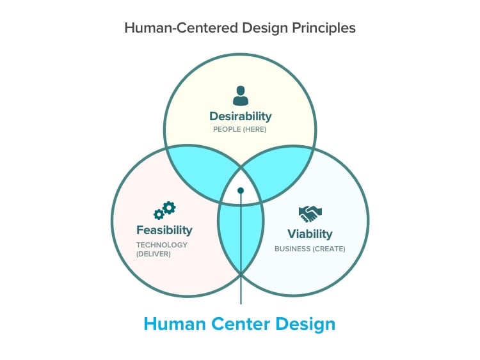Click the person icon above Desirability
pyautogui.click(x=240, y=96)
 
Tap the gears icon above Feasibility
pyautogui.click(x=164, y=210)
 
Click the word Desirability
pyautogui.click(x=240, y=116)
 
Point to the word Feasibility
pyautogui.click(x=164, y=230)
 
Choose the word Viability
pyautogui.click(x=310, y=233)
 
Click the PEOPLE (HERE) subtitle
pyautogui.click(x=240, y=130)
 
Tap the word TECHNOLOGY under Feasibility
pyautogui.click(x=162, y=244)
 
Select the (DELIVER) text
pyautogui.click(x=154, y=254)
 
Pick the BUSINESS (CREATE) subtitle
pyautogui.click(x=310, y=248)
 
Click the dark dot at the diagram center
pyautogui.click(x=241, y=191)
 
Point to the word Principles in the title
pyautogui.click(x=323, y=28)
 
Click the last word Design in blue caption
pyautogui.click(x=305, y=324)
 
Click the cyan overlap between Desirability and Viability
pyautogui.click(x=282, y=173)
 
